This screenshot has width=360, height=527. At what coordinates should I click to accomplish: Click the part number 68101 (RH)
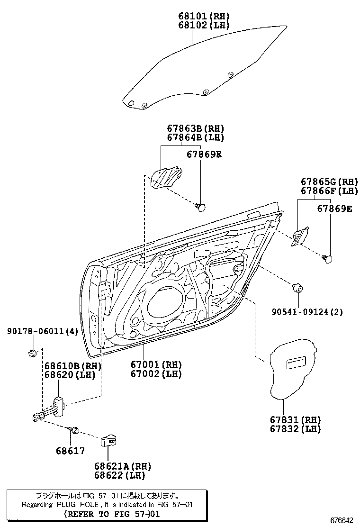click(204, 16)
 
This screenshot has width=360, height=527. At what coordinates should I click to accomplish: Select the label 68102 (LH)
click(204, 25)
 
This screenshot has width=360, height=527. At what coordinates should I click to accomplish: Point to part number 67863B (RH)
click(195, 128)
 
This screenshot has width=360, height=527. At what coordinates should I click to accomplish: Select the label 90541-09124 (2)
click(307, 312)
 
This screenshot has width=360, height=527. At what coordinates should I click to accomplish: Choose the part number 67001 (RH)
click(156, 365)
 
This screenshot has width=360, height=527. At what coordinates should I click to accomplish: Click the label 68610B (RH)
click(73, 366)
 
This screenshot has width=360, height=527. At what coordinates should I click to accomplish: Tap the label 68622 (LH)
click(119, 475)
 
